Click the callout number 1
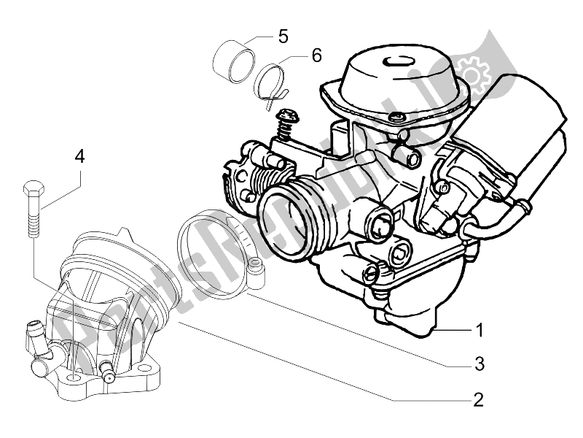[x=479, y=331]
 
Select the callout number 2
[x=478, y=399]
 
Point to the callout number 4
[x=79, y=155]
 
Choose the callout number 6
[x=316, y=54]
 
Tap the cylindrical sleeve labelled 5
[x=235, y=59]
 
